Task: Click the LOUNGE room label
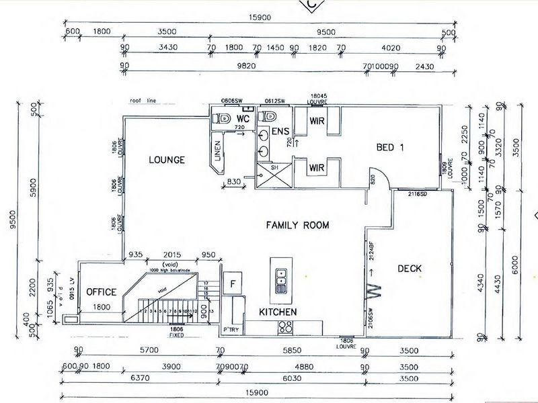tap(166, 159)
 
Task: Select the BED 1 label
tap(389, 148)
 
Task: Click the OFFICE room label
tap(102, 292)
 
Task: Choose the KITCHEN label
tap(278, 312)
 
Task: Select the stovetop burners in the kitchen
tap(285, 327)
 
